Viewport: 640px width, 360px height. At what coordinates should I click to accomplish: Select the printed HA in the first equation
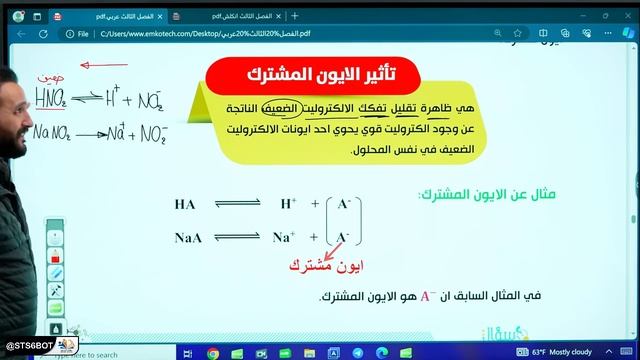point(185,204)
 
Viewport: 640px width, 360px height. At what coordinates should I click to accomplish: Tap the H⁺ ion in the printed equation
point(289,203)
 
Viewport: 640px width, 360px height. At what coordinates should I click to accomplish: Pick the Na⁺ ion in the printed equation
point(285,237)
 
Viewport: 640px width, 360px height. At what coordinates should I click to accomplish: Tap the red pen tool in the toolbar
point(56,271)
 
